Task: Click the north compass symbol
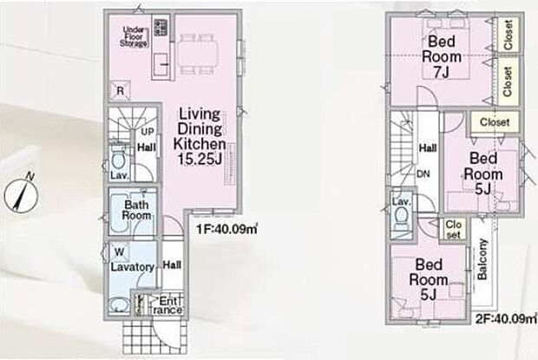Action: [21, 193]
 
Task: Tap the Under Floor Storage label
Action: [134, 36]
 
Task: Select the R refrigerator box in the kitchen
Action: [120, 91]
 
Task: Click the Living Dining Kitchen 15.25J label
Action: [200, 136]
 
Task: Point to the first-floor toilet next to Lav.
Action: [119, 160]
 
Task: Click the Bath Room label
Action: [136, 210]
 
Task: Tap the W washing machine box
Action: [120, 252]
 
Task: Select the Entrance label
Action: [167, 305]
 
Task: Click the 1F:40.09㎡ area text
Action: [226, 229]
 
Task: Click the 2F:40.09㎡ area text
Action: [506, 319]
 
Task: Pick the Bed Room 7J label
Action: [441, 56]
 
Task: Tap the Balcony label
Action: [482, 259]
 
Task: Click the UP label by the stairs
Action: [148, 132]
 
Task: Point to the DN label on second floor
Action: [423, 174]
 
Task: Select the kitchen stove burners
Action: [161, 28]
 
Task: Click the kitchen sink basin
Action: [161, 64]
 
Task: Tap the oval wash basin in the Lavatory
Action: [120, 304]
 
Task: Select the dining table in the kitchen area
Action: [198, 54]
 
